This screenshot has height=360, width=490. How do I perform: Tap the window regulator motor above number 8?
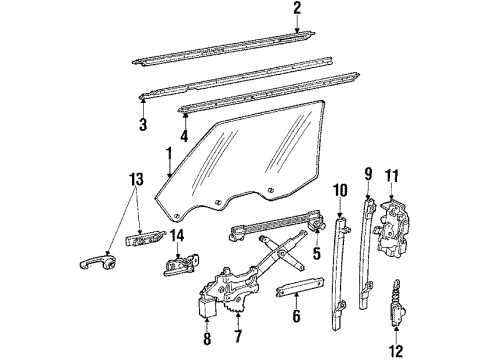point(208,303)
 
